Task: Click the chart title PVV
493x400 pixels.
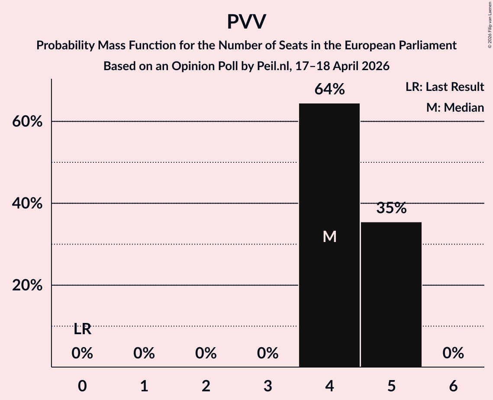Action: [x=246, y=22]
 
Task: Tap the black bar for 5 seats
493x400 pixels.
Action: [x=391, y=294]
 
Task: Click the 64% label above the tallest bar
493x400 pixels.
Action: [x=329, y=89]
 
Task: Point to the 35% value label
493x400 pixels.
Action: [x=391, y=208]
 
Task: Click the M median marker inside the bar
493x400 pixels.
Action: [x=329, y=236]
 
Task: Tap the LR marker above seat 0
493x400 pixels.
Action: [x=82, y=329]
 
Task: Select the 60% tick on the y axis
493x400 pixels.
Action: [x=27, y=122]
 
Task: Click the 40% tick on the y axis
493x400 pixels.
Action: [x=27, y=203]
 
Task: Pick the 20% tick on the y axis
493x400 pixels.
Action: [x=27, y=286]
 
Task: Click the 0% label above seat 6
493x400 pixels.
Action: [x=453, y=354]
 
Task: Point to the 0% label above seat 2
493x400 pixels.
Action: [x=206, y=354]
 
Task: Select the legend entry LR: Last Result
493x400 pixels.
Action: [x=445, y=87]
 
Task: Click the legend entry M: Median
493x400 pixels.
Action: [x=455, y=107]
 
